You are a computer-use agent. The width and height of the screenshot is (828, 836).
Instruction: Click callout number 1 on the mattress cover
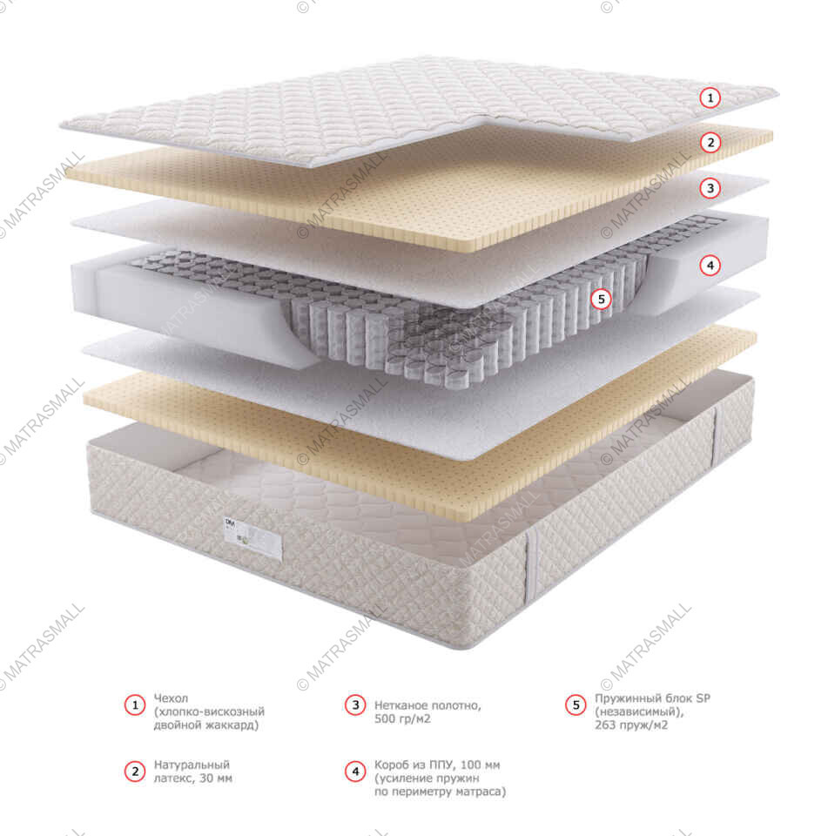click(x=711, y=98)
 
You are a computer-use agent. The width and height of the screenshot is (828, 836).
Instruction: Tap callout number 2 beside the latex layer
click(x=711, y=143)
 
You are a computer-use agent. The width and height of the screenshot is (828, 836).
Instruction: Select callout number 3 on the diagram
click(x=711, y=187)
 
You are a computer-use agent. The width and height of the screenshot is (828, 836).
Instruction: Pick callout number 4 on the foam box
click(x=711, y=265)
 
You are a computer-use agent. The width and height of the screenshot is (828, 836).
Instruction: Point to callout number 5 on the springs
click(x=601, y=299)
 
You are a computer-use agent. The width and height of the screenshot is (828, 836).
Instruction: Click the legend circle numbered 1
click(x=134, y=705)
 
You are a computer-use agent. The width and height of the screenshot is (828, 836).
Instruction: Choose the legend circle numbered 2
click(x=134, y=771)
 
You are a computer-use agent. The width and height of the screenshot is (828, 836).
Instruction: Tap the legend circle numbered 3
click(x=354, y=705)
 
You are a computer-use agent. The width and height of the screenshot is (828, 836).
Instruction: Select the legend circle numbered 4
click(x=354, y=771)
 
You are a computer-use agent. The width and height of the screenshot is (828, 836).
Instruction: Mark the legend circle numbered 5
click(x=576, y=705)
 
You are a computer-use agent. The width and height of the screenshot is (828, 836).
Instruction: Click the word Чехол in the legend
click(x=171, y=698)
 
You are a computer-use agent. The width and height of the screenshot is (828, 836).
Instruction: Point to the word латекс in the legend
click(x=172, y=778)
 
